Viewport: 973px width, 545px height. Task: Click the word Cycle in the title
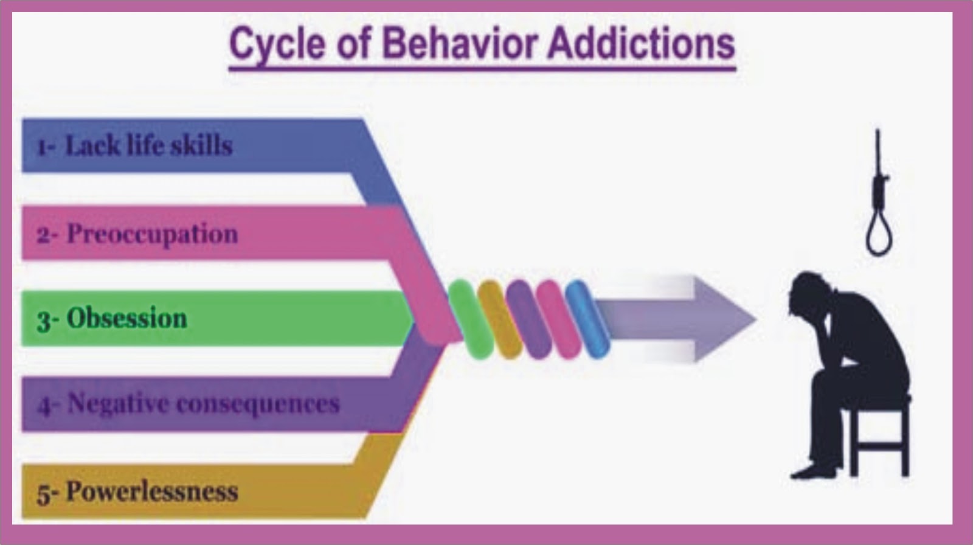(x=276, y=44)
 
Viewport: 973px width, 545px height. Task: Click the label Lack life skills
(x=148, y=146)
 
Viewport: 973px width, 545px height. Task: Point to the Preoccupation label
(x=152, y=234)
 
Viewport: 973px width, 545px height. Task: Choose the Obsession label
(x=126, y=318)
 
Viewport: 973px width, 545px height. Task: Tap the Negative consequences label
(x=203, y=403)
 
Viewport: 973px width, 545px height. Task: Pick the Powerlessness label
(x=151, y=491)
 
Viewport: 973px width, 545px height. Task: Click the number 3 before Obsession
(x=43, y=320)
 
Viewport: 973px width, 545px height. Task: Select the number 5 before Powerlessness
(x=43, y=493)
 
